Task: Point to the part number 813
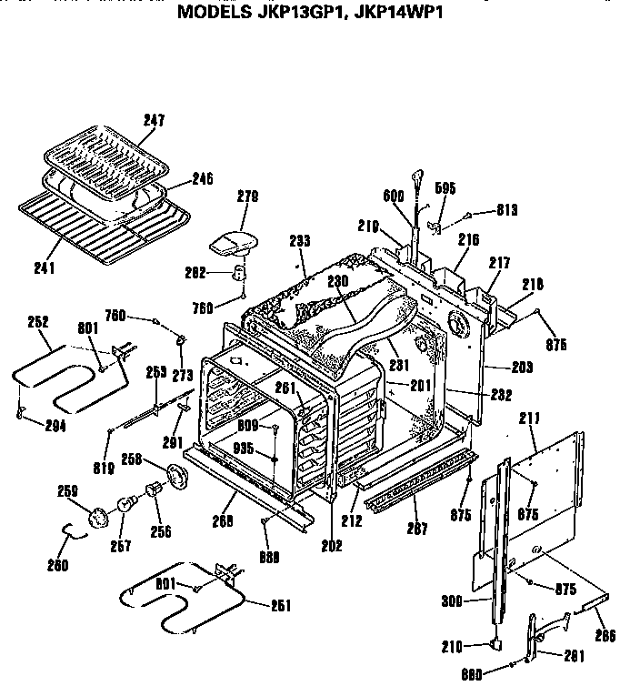pyautogui.click(x=506, y=210)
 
